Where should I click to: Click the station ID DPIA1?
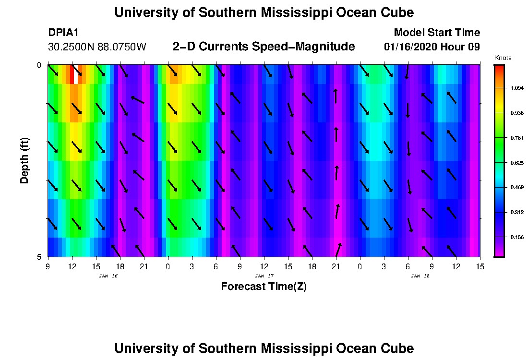point(63,33)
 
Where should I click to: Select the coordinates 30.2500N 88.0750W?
point(97,47)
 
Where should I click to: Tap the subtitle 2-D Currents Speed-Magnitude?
point(264,47)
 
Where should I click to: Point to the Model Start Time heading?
point(436,33)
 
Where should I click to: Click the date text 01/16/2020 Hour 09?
point(432,47)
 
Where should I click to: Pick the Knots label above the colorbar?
point(503,58)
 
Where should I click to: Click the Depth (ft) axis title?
point(24,161)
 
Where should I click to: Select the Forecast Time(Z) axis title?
point(264,287)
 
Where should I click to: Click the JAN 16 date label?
point(108,276)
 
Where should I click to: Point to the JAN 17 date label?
point(264,276)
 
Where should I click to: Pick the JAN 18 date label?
point(420,276)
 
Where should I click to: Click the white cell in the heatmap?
point(76,74)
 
